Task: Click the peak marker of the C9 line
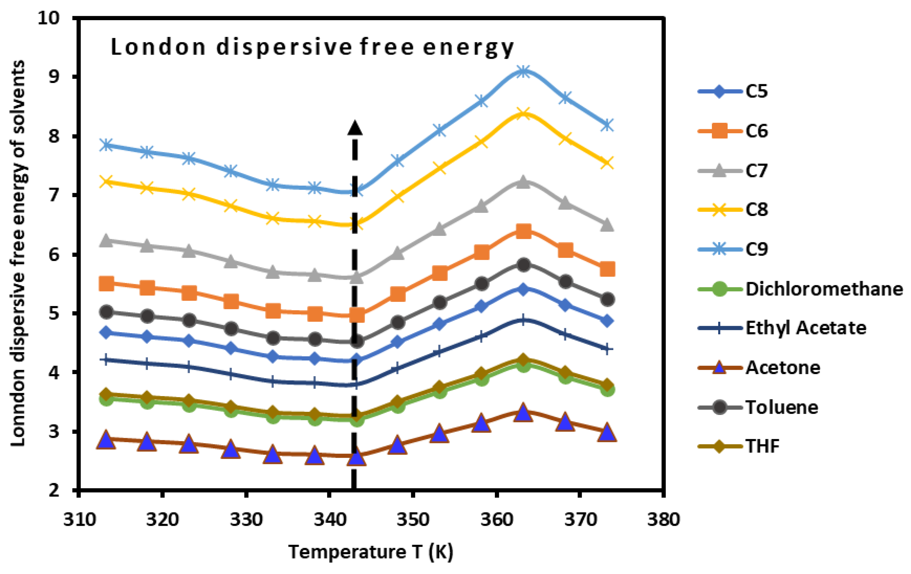click(523, 71)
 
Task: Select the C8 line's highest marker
click(523, 113)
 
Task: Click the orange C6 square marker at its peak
click(523, 231)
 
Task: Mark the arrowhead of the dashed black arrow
click(354, 128)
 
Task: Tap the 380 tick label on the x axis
click(663, 520)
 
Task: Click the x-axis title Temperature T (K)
click(371, 552)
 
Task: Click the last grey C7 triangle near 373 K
click(607, 225)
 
